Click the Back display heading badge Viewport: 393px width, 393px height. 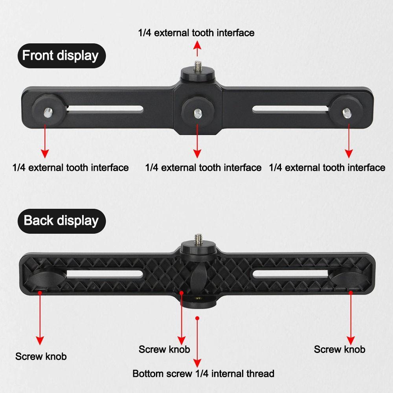point(61,220)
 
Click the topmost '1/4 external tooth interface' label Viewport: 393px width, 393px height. point(196,33)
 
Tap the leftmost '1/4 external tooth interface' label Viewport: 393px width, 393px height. point(71,168)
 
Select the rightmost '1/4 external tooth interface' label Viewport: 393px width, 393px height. point(327,168)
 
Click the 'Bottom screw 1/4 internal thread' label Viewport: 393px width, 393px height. point(203,373)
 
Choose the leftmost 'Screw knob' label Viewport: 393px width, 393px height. point(41,356)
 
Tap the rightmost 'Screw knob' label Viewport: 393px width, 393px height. point(340,349)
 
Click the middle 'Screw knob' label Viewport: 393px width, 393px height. point(164,349)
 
